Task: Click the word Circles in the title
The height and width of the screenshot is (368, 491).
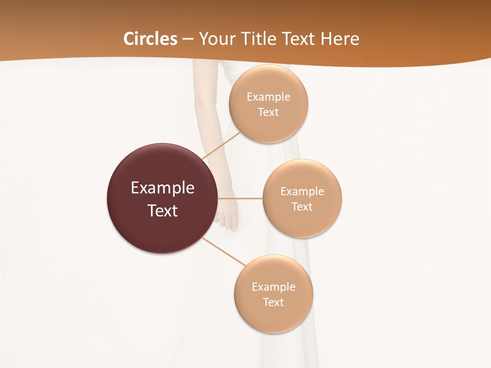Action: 150,39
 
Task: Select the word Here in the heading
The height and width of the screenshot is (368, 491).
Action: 340,39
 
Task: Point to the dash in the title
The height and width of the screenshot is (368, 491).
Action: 188,39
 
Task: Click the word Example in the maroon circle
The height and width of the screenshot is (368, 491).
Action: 163,188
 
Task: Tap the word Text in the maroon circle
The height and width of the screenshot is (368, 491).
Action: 163,211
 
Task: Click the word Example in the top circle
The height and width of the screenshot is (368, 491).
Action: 269,97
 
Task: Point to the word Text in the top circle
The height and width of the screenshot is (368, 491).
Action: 269,112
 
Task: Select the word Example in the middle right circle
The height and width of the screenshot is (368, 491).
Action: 302,192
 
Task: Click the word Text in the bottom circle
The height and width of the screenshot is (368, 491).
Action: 274,303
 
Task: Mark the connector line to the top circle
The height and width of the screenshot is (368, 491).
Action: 221,146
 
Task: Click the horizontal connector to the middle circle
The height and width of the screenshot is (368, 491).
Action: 240,198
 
